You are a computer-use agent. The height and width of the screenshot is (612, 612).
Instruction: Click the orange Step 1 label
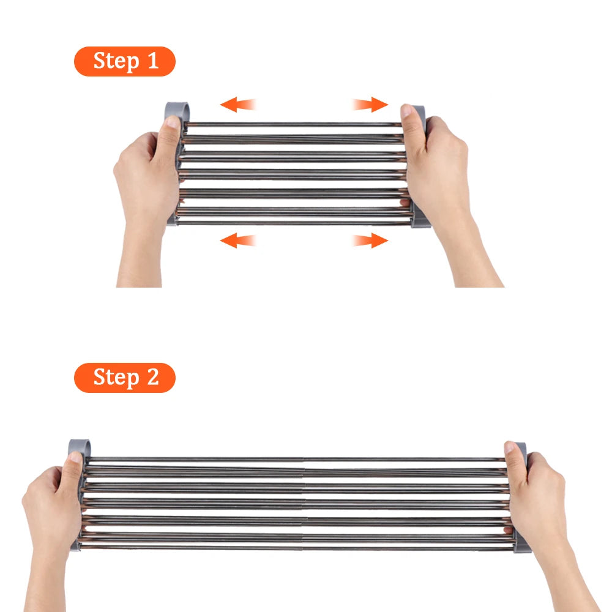coord(124,61)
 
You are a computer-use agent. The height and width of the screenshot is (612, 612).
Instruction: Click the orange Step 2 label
coord(124,378)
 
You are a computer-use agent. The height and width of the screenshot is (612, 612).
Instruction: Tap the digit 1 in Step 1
coord(153,61)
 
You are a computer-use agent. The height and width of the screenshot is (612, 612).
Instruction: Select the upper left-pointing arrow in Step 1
coord(237,104)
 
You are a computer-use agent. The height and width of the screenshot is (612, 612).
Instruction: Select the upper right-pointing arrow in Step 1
coord(370,104)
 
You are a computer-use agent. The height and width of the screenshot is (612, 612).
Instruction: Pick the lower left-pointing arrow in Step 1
coord(237,240)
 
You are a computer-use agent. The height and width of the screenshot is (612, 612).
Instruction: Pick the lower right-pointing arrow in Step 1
coord(370,240)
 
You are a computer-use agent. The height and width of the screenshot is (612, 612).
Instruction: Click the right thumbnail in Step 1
coord(406,110)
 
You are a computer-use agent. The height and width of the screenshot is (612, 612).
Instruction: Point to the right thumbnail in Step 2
coord(509,447)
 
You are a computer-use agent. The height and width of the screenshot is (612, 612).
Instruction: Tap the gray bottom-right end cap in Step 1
coord(420,219)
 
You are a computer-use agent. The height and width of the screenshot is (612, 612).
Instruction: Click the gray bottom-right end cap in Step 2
coord(522,543)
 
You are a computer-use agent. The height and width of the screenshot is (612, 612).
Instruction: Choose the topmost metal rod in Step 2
coord(297,460)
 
